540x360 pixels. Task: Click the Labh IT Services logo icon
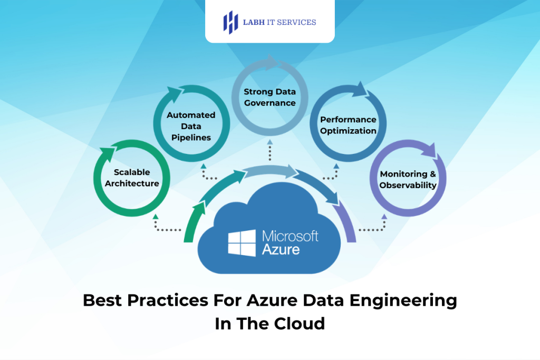pyautogui.click(x=230, y=22)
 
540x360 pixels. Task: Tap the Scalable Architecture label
pyautogui.click(x=132, y=178)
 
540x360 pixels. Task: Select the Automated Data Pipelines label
pyautogui.click(x=191, y=126)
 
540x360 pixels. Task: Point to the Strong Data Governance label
pyautogui.click(x=269, y=98)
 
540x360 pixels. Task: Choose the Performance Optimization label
pyautogui.click(x=348, y=125)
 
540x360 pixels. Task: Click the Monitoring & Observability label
pyautogui.click(x=408, y=179)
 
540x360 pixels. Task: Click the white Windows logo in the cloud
pyautogui.click(x=242, y=242)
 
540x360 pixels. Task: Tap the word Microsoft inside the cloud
pyautogui.click(x=290, y=236)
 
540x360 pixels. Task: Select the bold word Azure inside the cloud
pyautogui.click(x=281, y=249)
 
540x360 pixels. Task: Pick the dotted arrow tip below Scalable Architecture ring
pyautogui.click(x=155, y=216)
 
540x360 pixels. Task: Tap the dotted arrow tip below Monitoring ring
pyautogui.click(x=384, y=216)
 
